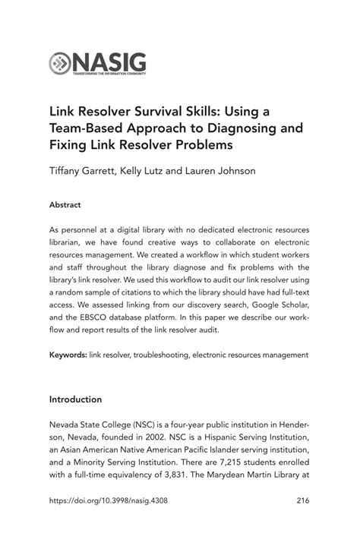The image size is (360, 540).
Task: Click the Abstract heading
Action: (x=65, y=205)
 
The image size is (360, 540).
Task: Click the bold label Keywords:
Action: (x=68, y=354)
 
